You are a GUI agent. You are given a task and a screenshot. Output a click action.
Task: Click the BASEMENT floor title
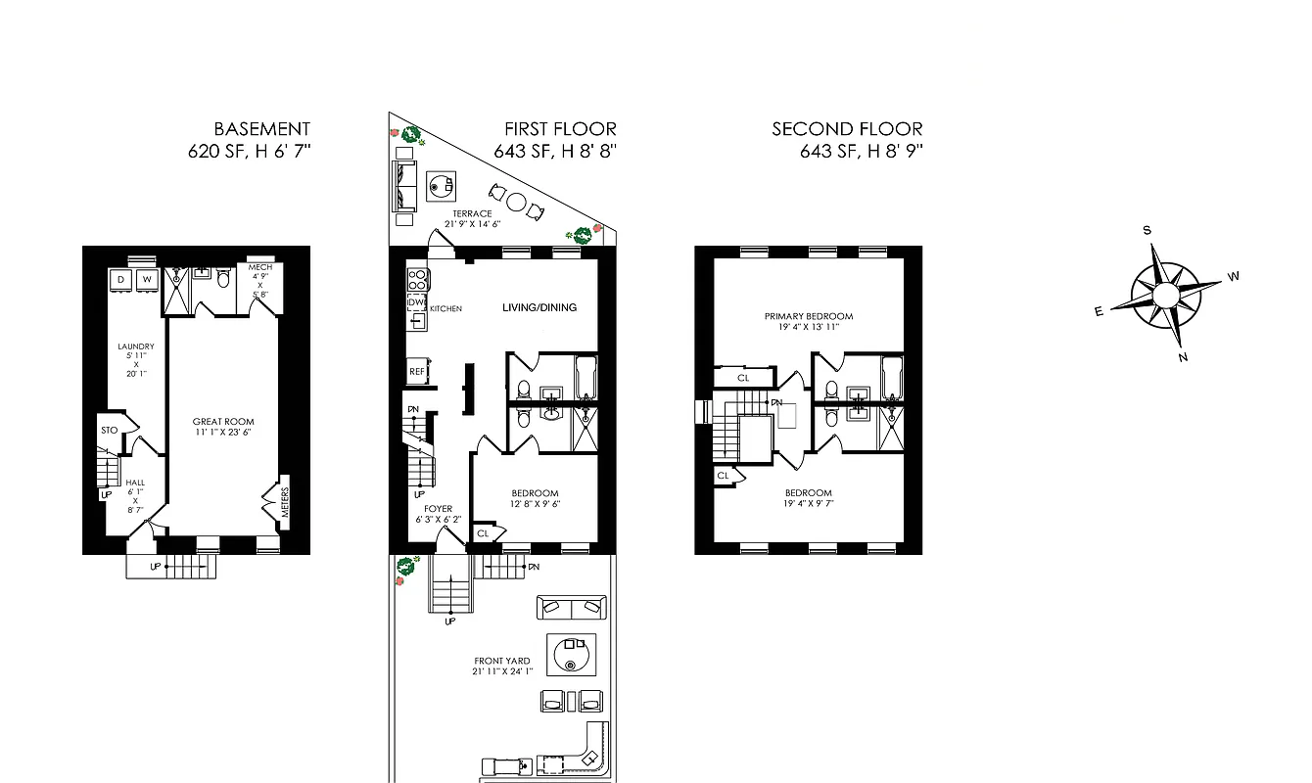(x=261, y=129)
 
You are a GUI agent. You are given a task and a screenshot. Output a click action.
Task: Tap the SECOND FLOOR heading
(x=847, y=129)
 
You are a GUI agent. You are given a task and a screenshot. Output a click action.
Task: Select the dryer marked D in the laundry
(x=121, y=280)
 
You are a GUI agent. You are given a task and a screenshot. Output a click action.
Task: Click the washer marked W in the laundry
(x=147, y=280)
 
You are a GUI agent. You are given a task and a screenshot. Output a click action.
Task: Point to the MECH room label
(x=259, y=266)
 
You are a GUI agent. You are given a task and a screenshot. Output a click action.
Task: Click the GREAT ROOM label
(x=223, y=422)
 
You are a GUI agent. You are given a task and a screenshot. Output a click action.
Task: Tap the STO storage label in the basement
(x=109, y=430)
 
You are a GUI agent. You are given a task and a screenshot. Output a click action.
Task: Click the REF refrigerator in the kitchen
(x=417, y=372)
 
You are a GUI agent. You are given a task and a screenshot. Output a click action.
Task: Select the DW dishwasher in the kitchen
(x=416, y=303)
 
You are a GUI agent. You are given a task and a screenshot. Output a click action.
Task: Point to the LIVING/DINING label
(x=539, y=307)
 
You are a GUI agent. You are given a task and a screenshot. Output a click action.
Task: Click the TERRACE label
(x=472, y=213)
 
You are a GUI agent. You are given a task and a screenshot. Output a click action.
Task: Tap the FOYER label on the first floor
(x=438, y=509)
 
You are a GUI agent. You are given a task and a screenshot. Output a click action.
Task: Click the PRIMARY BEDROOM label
(x=809, y=316)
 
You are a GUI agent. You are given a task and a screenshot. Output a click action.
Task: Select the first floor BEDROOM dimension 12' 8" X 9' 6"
(x=535, y=505)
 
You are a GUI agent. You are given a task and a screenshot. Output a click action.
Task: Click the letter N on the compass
(x=1183, y=357)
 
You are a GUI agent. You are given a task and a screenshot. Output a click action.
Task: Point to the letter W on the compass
(x=1233, y=276)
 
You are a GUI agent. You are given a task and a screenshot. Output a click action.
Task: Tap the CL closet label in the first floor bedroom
(x=483, y=533)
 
